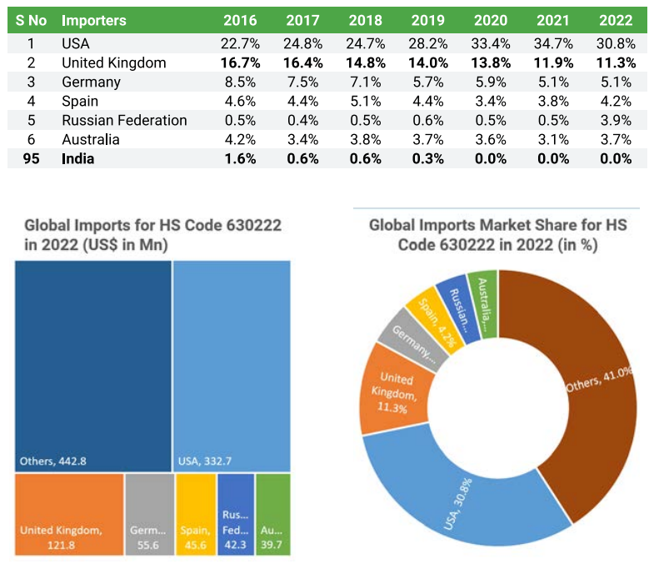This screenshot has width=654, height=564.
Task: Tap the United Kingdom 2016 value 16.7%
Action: tap(241, 62)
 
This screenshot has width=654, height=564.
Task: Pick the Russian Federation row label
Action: tap(124, 120)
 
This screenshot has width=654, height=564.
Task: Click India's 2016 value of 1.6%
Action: tap(241, 158)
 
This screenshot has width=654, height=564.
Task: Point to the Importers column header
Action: tap(95, 20)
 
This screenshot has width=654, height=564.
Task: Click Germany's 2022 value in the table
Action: tap(616, 82)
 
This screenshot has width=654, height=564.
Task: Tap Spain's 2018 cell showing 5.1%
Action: tap(366, 101)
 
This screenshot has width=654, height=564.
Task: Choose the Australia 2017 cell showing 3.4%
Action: tap(302, 139)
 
